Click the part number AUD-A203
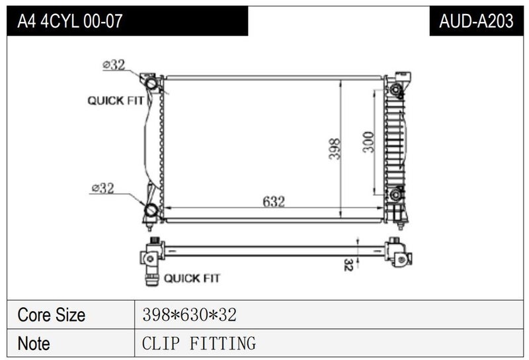(x=476, y=21)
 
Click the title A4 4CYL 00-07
(x=70, y=21)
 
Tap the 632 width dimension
(x=274, y=202)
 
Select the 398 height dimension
(x=335, y=149)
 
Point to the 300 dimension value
(x=368, y=142)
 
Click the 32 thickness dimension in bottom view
(x=348, y=265)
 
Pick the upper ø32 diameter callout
(x=114, y=64)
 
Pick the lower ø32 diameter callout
(x=103, y=188)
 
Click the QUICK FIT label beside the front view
(x=115, y=101)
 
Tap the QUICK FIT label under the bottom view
(x=192, y=279)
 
